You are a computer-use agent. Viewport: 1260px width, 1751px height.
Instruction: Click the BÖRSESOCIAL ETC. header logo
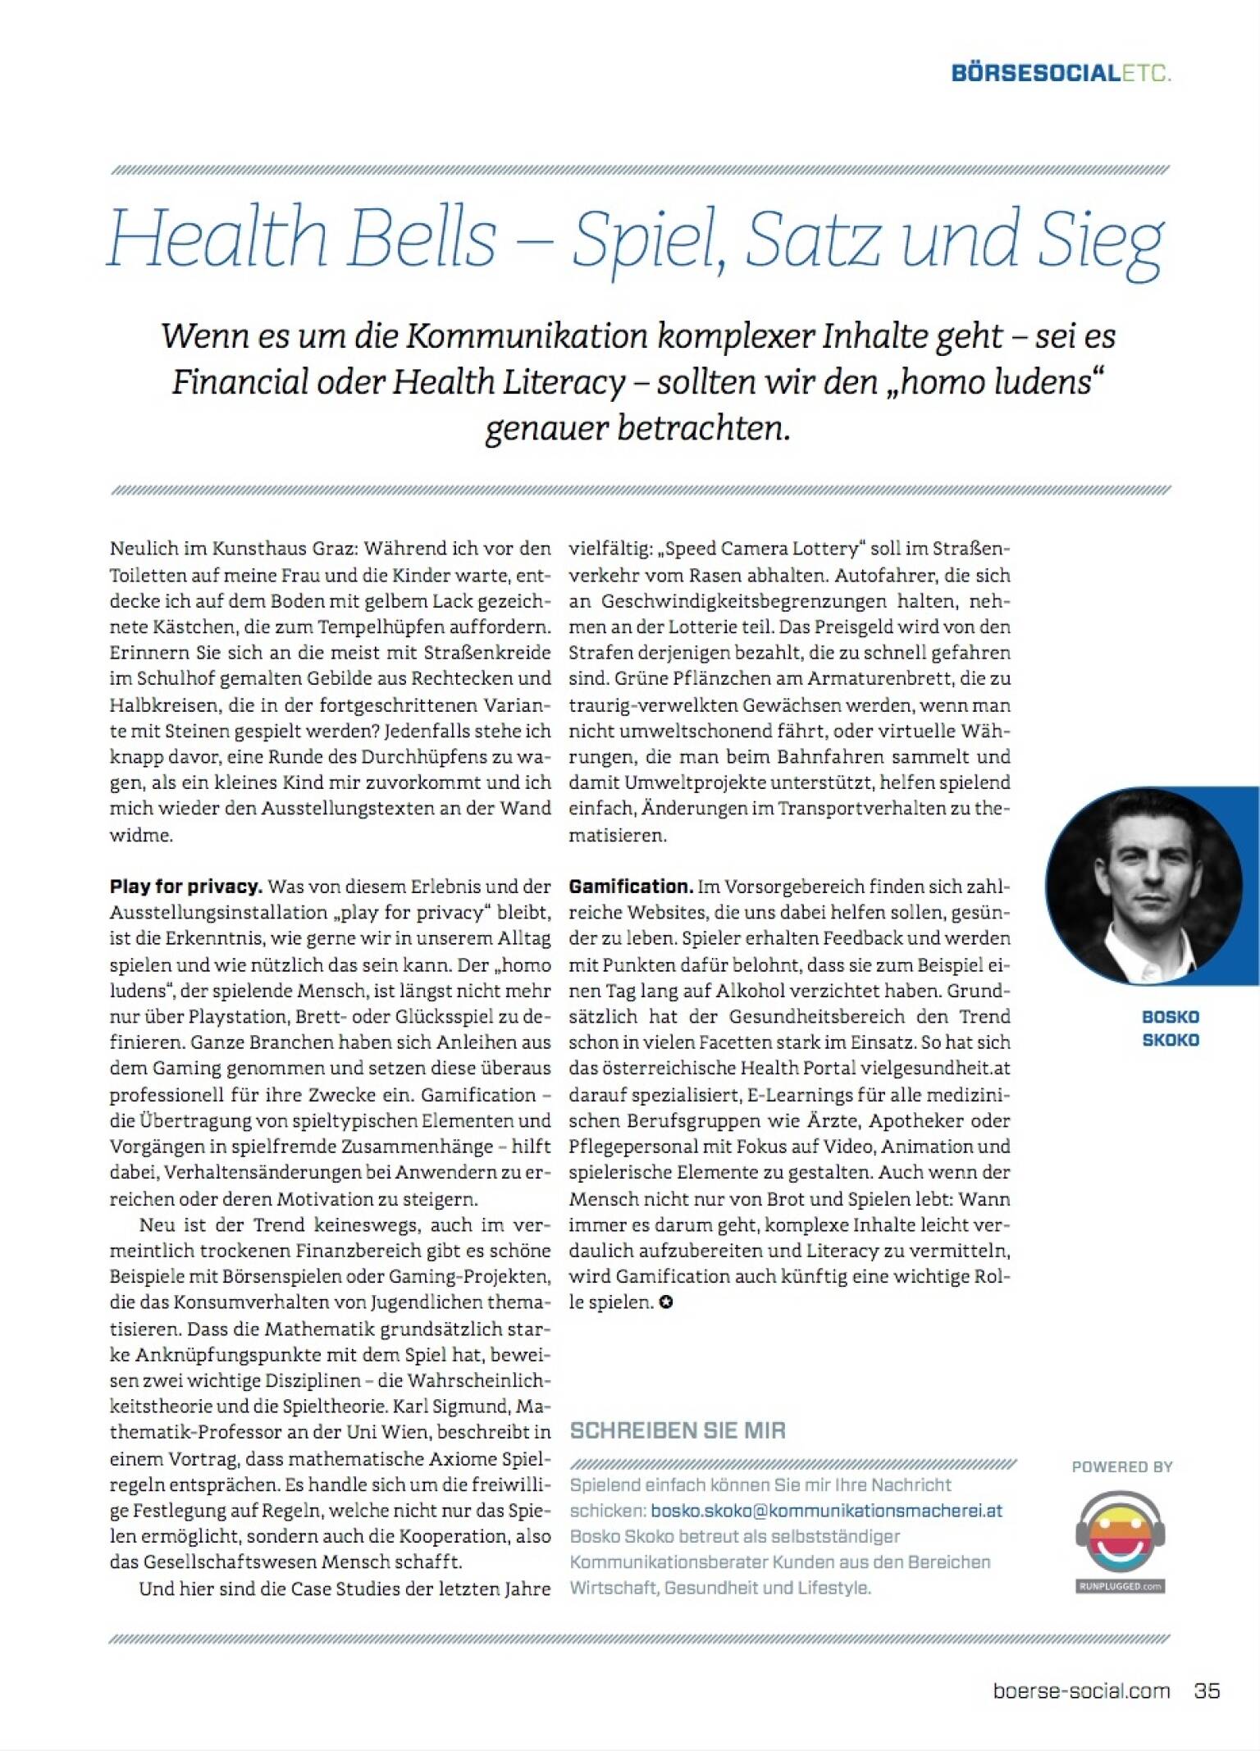(1061, 73)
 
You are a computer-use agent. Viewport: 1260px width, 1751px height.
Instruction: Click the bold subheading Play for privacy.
(186, 887)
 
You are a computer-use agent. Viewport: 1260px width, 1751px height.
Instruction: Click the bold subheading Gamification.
(631, 887)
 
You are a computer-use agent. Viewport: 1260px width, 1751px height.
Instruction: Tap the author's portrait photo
(1144, 886)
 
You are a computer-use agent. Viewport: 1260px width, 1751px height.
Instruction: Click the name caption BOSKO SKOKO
(1171, 1028)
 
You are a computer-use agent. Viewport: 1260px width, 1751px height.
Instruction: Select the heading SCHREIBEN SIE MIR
(678, 1430)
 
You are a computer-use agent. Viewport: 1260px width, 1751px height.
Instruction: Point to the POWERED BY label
(1122, 1466)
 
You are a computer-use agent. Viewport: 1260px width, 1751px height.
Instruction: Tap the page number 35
(1207, 1690)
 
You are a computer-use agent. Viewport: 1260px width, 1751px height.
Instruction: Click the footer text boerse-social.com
(1081, 1690)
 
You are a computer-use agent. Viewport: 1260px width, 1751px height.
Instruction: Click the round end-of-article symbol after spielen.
(665, 1302)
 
